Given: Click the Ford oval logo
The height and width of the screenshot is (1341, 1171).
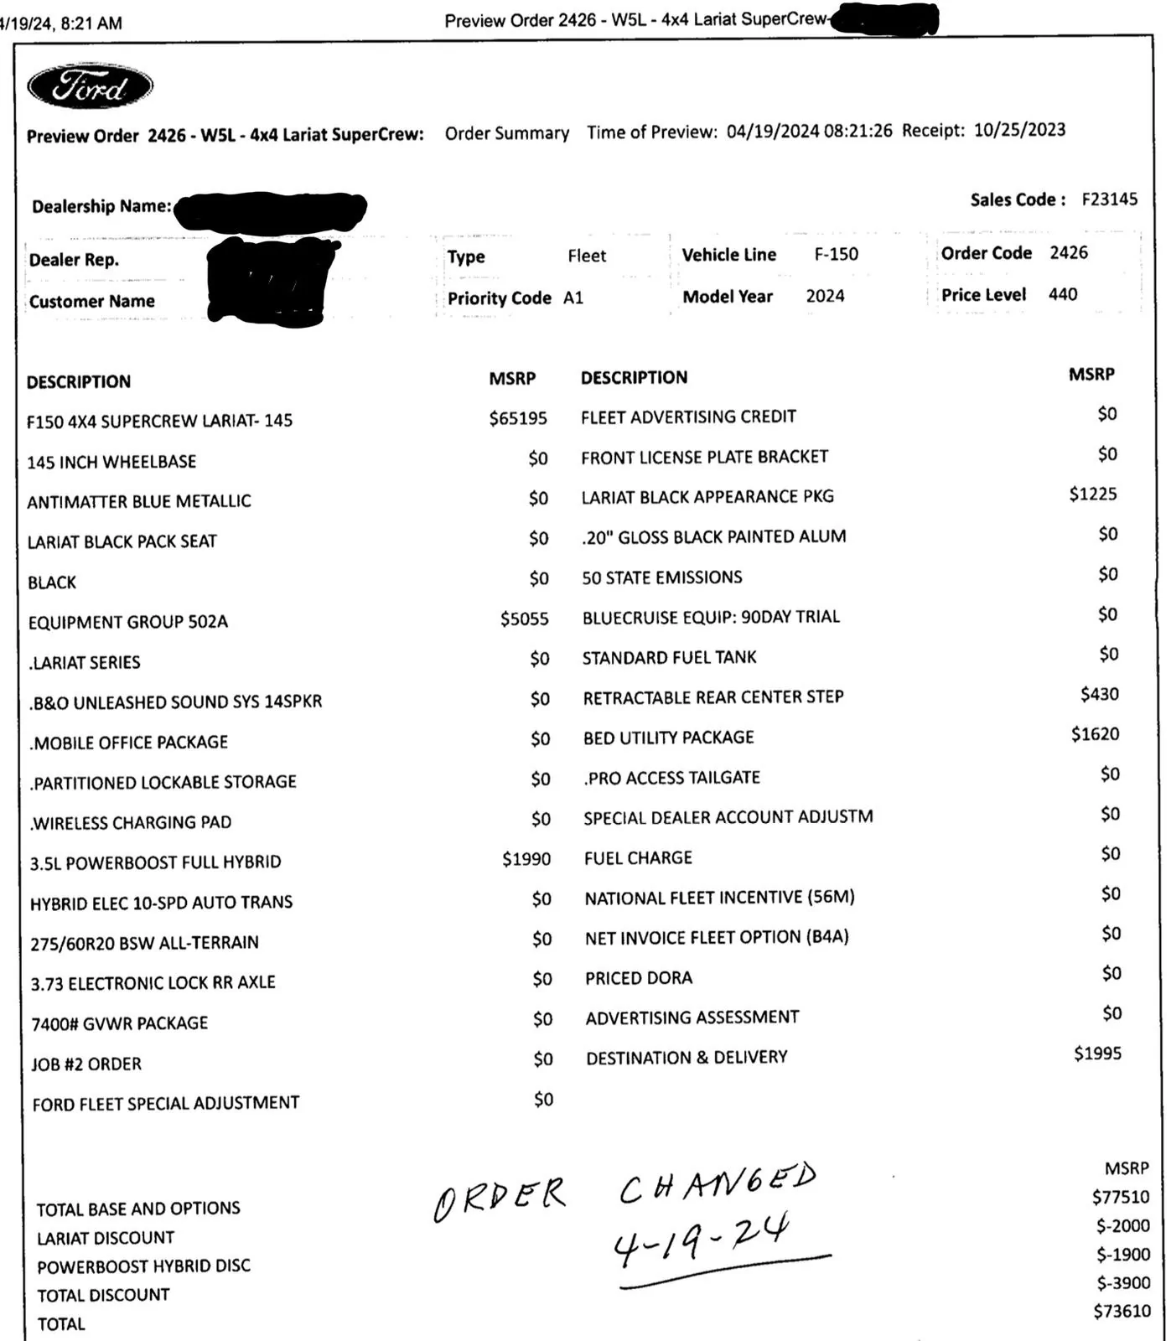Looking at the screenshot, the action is (91, 87).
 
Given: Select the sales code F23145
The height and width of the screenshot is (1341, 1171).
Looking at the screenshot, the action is (1109, 199).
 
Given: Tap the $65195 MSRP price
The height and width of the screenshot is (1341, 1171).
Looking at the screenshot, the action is (518, 418).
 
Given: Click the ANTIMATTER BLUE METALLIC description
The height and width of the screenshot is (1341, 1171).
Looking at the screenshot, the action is (139, 502).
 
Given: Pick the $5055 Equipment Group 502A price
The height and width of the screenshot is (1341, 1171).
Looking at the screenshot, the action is (524, 619).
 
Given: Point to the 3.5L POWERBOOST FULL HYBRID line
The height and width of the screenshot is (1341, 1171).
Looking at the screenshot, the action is (156, 862).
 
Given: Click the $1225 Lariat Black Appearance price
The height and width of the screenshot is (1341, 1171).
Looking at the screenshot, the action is (1092, 494).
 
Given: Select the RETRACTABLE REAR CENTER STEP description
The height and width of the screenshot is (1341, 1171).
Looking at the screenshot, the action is (713, 697).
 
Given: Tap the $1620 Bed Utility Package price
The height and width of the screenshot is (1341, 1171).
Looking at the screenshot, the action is (1095, 734).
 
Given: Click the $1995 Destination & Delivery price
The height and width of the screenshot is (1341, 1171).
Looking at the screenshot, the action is (1097, 1054).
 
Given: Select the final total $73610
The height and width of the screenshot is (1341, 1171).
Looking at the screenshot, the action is (1122, 1312).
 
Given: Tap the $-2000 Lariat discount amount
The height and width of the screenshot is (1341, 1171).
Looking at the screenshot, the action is (1122, 1226).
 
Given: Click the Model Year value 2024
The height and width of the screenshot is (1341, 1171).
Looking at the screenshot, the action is (825, 296).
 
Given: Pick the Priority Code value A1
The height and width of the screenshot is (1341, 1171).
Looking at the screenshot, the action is (573, 298).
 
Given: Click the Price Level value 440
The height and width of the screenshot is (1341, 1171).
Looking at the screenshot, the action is (1062, 294).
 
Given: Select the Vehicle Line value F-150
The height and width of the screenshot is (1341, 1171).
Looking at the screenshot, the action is (836, 254).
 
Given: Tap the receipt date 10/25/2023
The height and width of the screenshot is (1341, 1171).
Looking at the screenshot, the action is (1019, 130).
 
